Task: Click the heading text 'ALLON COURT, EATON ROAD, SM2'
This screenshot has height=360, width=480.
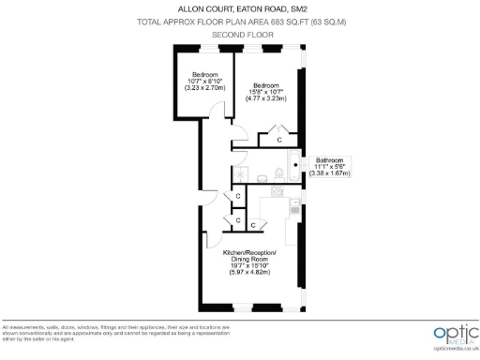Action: click(240, 9)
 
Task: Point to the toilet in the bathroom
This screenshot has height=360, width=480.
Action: click(279, 172)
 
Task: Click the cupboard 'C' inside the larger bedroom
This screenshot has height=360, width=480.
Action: click(278, 140)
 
